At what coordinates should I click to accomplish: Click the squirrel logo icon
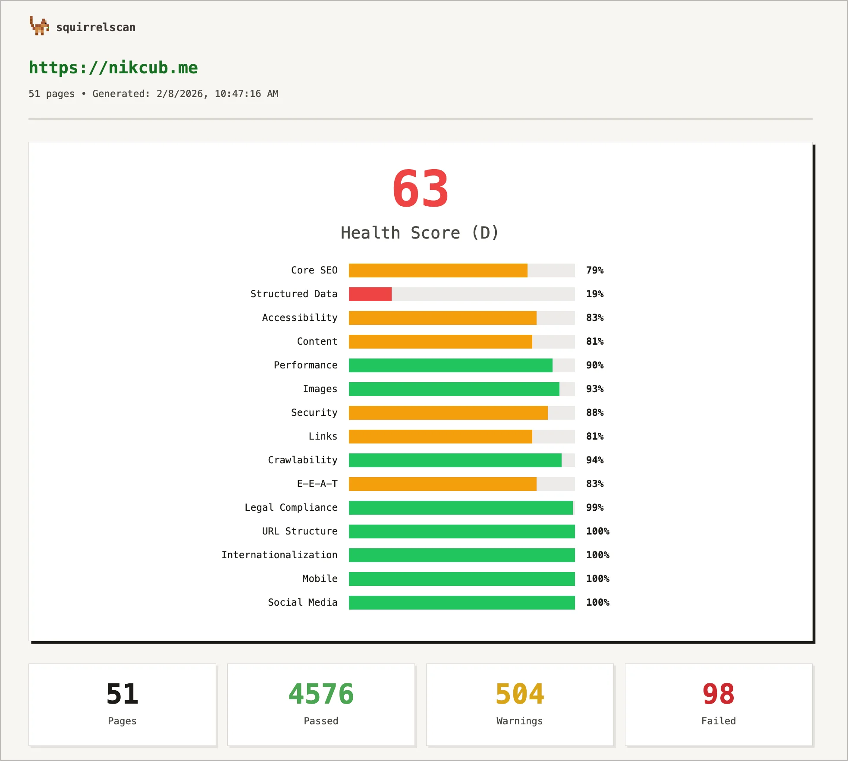point(39,26)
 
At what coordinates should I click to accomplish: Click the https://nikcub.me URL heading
point(113,68)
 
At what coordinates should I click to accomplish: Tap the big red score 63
point(420,189)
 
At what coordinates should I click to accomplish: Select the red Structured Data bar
point(370,294)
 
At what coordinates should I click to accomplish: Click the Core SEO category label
point(314,270)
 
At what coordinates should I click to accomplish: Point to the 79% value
point(594,270)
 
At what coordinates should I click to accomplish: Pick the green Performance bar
point(450,365)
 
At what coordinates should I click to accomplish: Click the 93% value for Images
point(594,389)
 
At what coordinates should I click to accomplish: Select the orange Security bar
point(448,413)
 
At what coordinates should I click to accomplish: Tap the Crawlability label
point(302,460)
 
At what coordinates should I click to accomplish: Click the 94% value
point(594,460)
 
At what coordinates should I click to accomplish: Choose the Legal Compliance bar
point(461,508)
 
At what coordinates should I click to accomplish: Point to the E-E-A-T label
point(317,484)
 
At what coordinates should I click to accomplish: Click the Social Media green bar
point(462,603)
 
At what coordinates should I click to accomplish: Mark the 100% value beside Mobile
point(597,579)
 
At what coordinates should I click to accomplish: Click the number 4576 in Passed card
point(321,694)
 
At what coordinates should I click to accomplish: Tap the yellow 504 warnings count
point(520,694)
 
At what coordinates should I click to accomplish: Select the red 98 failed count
point(718,694)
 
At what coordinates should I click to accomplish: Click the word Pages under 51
point(122,721)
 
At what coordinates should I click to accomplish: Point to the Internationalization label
point(279,555)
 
